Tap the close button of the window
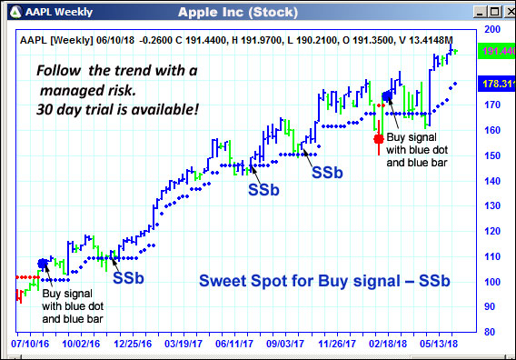pyautogui.click(x=504, y=11)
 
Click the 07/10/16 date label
pyautogui.click(x=30, y=345)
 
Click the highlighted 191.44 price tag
pyautogui.click(x=496, y=51)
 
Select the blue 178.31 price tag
pyautogui.click(x=496, y=84)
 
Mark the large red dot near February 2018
pyautogui.click(x=379, y=139)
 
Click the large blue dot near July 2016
pyautogui.click(x=43, y=264)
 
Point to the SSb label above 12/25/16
pyautogui.click(x=128, y=277)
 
